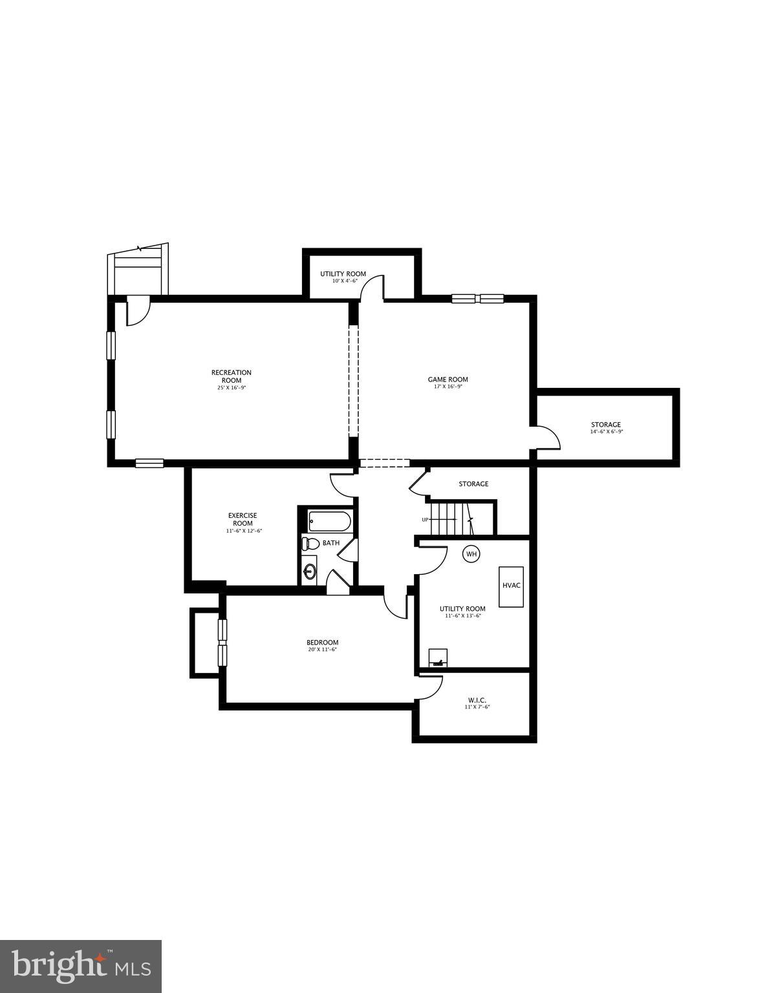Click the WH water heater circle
pyautogui.click(x=471, y=554)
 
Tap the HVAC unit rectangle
pyautogui.click(x=511, y=586)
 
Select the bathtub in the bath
pyautogui.click(x=330, y=520)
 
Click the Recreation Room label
pyautogui.click(x=231, y=376)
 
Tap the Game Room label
pyautogui.click(x=448, y=379)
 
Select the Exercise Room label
pyautogui.click(x=243, y=519)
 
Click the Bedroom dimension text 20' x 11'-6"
pyautogui.click(x=322, y=650)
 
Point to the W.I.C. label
pyautogui.click(x=477, y=700)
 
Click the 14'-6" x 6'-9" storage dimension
pyautogui.click(x=606, y=432)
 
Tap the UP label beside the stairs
pyautogui.click(x=425, y=520)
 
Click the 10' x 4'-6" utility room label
pyautogui.click(x=343, y=281)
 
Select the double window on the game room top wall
pyautogui.click(x=477, y=298)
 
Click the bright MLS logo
pyautogui.click(x=81, y=966)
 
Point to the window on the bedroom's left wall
pyautogui.click(x=222, y=643)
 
